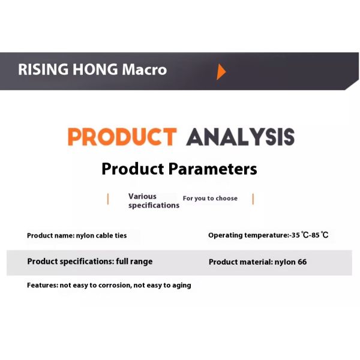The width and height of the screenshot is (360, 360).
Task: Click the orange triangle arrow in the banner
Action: [x=221, y=72]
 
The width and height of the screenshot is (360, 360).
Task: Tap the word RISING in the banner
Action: [x=43, y=70]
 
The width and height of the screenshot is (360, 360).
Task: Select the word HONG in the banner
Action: [x=95, y=70]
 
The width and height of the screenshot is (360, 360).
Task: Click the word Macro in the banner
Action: [x=144, y=70]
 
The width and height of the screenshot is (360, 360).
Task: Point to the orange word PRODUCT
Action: [x=122, y=137]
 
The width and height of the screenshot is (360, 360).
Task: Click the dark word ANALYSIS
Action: [x=240, y=137]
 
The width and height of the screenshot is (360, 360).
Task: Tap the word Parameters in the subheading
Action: [x=212, y=169]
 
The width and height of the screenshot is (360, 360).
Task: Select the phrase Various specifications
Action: [x=154, y=200]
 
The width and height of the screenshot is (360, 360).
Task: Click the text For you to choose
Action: [x=210, y=199]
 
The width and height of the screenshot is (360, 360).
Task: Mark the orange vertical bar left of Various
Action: [x=108, y=199]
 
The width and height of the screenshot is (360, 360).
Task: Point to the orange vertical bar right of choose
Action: [x=253, y=199]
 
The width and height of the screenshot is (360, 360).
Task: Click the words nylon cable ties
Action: [x=101, y=236]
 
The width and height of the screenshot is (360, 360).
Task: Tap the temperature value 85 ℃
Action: [x=320, y=235]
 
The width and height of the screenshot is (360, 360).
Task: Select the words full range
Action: [x=134, y=261]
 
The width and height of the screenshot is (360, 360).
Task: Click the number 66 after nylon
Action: [x=302, y=262]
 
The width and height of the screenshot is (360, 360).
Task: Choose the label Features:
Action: [x=43, y=285]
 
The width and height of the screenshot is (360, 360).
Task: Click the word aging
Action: [x=182, y=286]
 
